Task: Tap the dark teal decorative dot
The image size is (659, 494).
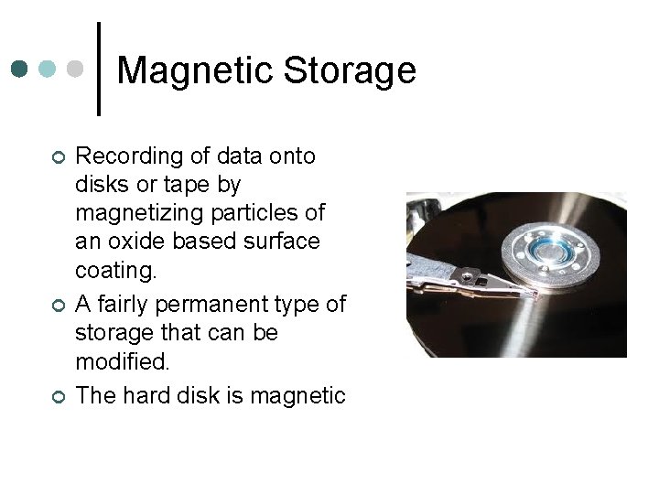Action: [20, 69]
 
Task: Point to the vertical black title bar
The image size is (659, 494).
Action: [99, 69]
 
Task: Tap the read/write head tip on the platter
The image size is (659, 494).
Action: [531, 294]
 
